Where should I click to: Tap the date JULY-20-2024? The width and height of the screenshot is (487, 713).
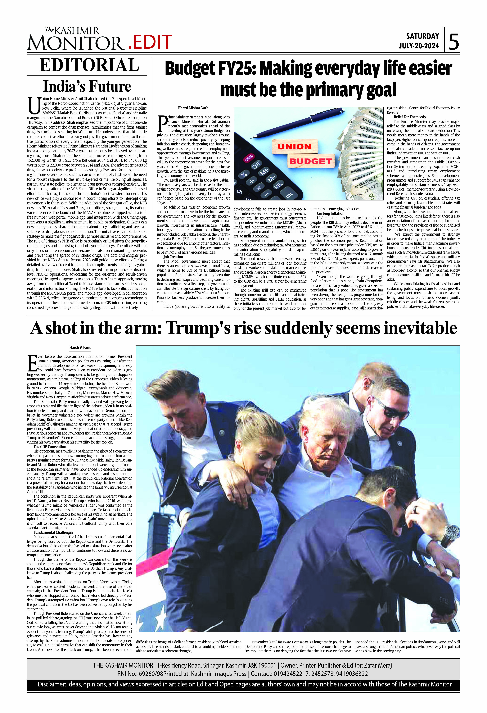click(x=419, y=46)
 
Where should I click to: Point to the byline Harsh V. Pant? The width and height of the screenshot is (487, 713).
click(x=80, y=348)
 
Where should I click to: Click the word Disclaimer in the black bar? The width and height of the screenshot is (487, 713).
click(x=51, y=684)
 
